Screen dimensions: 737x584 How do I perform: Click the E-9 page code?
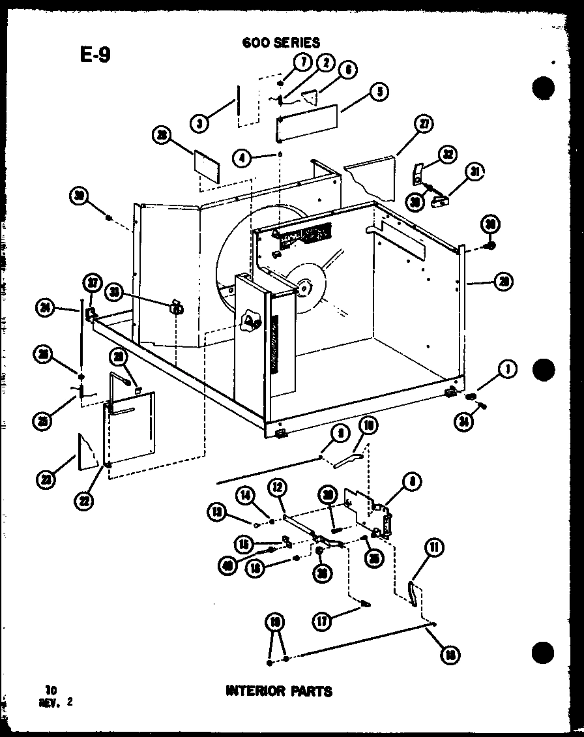point(95,55)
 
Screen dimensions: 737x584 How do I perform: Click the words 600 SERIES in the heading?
point(281,42)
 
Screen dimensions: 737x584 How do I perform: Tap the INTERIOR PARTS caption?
point(279,691)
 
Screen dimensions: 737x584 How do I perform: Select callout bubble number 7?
point(302,63)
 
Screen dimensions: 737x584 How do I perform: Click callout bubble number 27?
point(424,125)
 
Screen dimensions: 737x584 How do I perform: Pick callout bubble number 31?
point(476,172)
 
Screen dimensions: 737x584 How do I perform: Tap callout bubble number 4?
point(242,157)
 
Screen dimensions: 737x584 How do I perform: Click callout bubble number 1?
point(506,370)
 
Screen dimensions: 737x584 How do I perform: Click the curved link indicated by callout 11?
point(412,592)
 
